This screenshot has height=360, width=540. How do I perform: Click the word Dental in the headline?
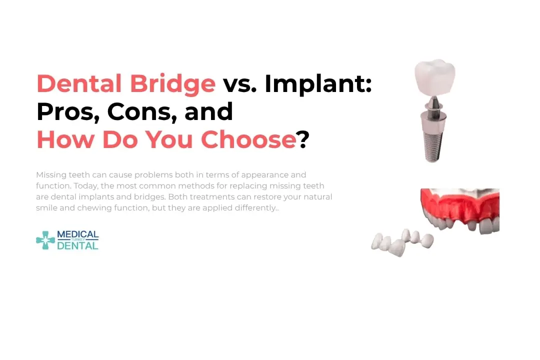coord(79,83)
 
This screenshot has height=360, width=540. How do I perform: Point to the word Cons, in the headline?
coord(142,112)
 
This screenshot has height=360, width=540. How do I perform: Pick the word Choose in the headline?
coord(248,139)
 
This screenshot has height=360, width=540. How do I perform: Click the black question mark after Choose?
coord(303,139)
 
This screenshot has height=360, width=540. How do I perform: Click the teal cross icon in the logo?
coord(45,240)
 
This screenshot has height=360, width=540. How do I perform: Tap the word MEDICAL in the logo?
coord(77,234)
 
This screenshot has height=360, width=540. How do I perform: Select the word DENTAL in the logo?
coord(77,245)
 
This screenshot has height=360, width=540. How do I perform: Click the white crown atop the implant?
coord(435,77)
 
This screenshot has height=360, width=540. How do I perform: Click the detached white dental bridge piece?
coord(402,242)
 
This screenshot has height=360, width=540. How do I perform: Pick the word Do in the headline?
coord(120,139)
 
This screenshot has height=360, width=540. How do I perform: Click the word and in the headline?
coord(208,111)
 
